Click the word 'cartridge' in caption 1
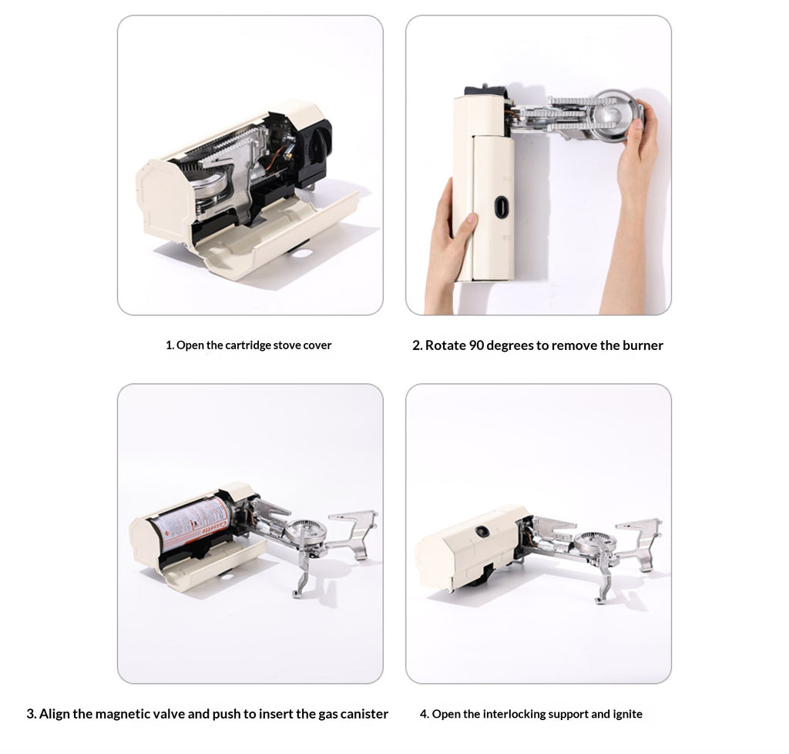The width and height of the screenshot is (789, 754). [247, 345]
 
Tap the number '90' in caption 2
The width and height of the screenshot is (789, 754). [475, 345]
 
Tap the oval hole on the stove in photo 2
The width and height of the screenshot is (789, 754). [502, 207]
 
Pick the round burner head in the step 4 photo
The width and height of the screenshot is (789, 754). [591, 542]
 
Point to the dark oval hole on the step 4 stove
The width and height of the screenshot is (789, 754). [482, 531]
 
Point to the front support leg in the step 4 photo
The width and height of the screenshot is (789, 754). [601, 585]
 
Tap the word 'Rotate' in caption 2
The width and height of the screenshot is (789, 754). [445, 345]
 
